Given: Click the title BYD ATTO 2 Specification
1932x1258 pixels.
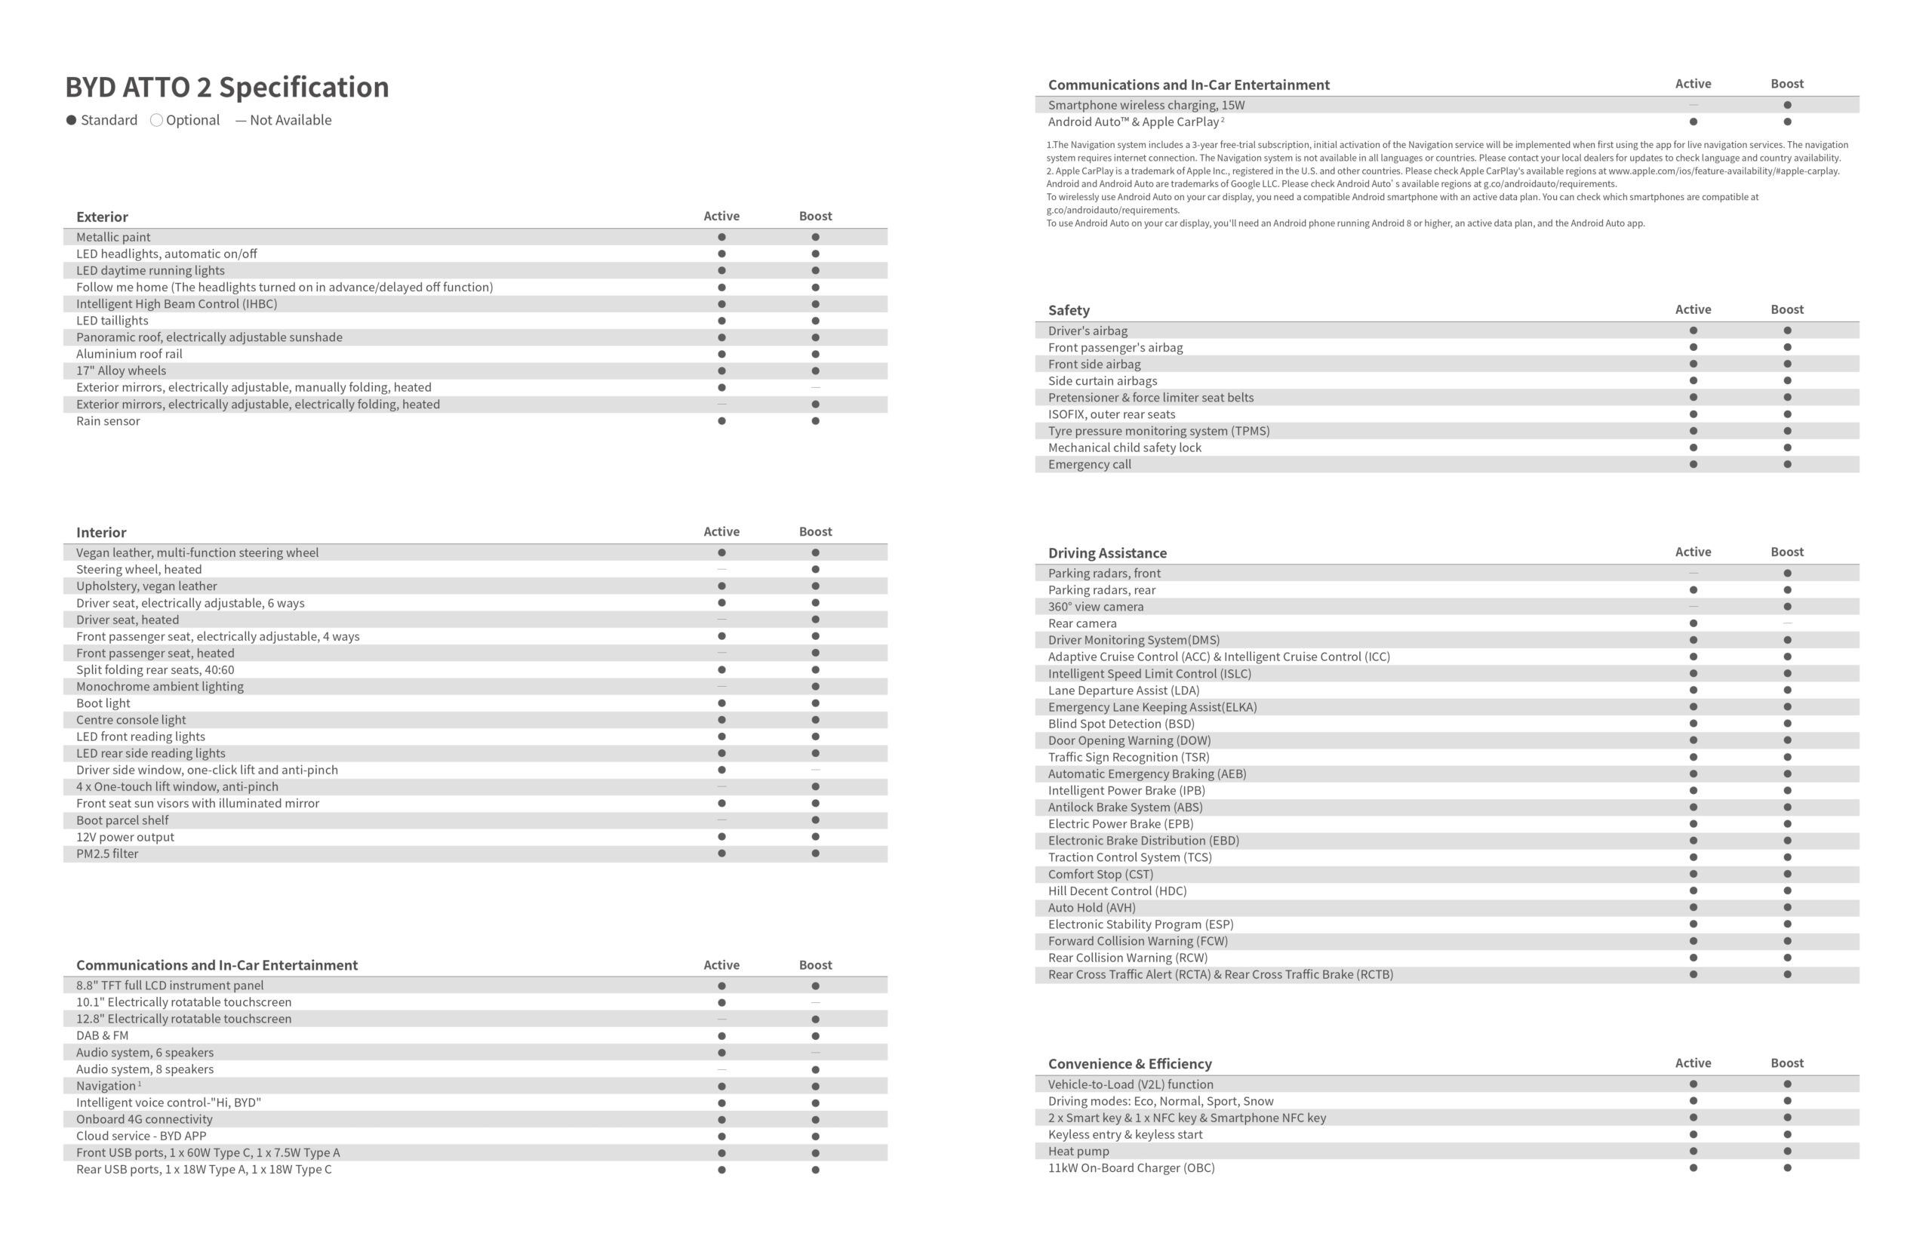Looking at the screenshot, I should [x=226, y=87].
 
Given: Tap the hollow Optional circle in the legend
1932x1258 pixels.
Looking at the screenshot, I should [x=157, y=120].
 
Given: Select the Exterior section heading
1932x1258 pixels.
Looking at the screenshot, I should [x=103, y=217].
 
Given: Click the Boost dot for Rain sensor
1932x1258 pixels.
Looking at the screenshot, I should [x=815, y=421].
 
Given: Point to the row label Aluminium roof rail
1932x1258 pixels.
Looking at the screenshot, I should [x=129, y=354].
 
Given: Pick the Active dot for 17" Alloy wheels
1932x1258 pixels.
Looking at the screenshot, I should [x=721, y=371].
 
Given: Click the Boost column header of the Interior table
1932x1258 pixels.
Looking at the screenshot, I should [x=815, y=531].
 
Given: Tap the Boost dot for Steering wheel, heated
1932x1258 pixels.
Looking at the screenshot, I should [x=815, y=570].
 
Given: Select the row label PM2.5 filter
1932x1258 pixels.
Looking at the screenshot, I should [x=107, y=854].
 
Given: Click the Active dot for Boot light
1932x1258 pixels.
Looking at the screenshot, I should [x=721, y=703].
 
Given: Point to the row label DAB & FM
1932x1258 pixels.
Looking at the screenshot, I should [x=103, y=1035].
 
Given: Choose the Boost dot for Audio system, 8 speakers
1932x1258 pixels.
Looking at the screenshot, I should [x=815, y=1069].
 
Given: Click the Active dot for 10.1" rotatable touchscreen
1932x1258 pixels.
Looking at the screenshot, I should [x=721, y=1002].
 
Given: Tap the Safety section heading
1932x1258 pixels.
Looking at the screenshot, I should [x=1069, y=310].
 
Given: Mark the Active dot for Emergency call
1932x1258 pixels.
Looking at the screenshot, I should [x=1694, y=464].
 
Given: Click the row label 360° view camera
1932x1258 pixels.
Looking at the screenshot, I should [x=1095, y=607].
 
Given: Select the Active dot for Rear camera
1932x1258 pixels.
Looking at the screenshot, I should [x=1694, y=623].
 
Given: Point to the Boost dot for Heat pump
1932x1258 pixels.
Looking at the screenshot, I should [x=1788, y=1151].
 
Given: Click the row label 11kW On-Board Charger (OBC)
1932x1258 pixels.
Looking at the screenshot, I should [x=1131, y=1168].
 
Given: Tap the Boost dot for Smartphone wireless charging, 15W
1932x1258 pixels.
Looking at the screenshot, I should [x=1788, y=105].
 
